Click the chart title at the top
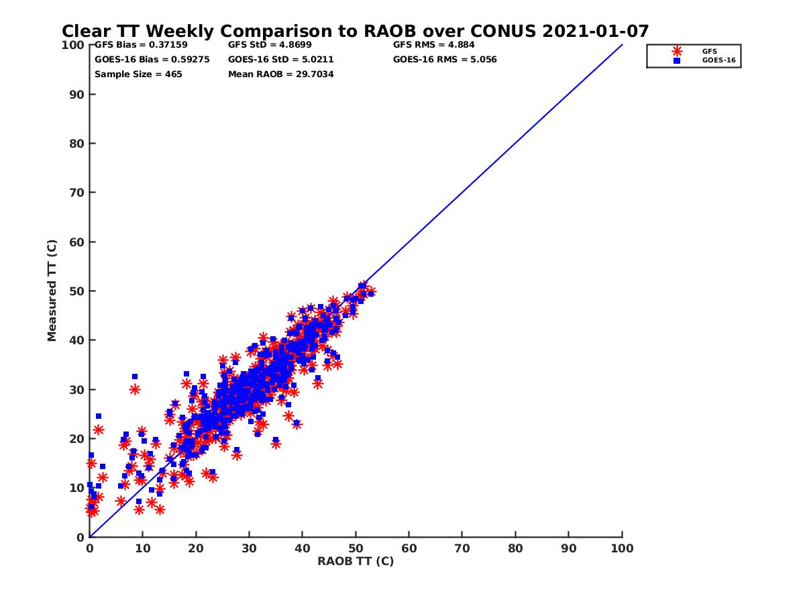coord(355,31)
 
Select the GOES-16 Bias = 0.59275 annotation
coord(152,60)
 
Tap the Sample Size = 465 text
coord(138,74)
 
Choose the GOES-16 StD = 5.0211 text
coord(281,60)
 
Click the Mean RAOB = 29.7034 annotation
coord(281,74)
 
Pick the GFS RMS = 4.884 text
coord(434,45)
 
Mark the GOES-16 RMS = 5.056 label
coord(445,60)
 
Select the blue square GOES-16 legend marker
coord(676,60)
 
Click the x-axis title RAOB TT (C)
coord(356,561)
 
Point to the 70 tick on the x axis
coord(462,548)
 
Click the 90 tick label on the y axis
coord(77,95)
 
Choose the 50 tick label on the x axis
coord(356,548)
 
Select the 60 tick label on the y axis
coord(77,242)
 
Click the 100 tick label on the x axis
coord(622,548)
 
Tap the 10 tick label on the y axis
coord(77,488)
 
